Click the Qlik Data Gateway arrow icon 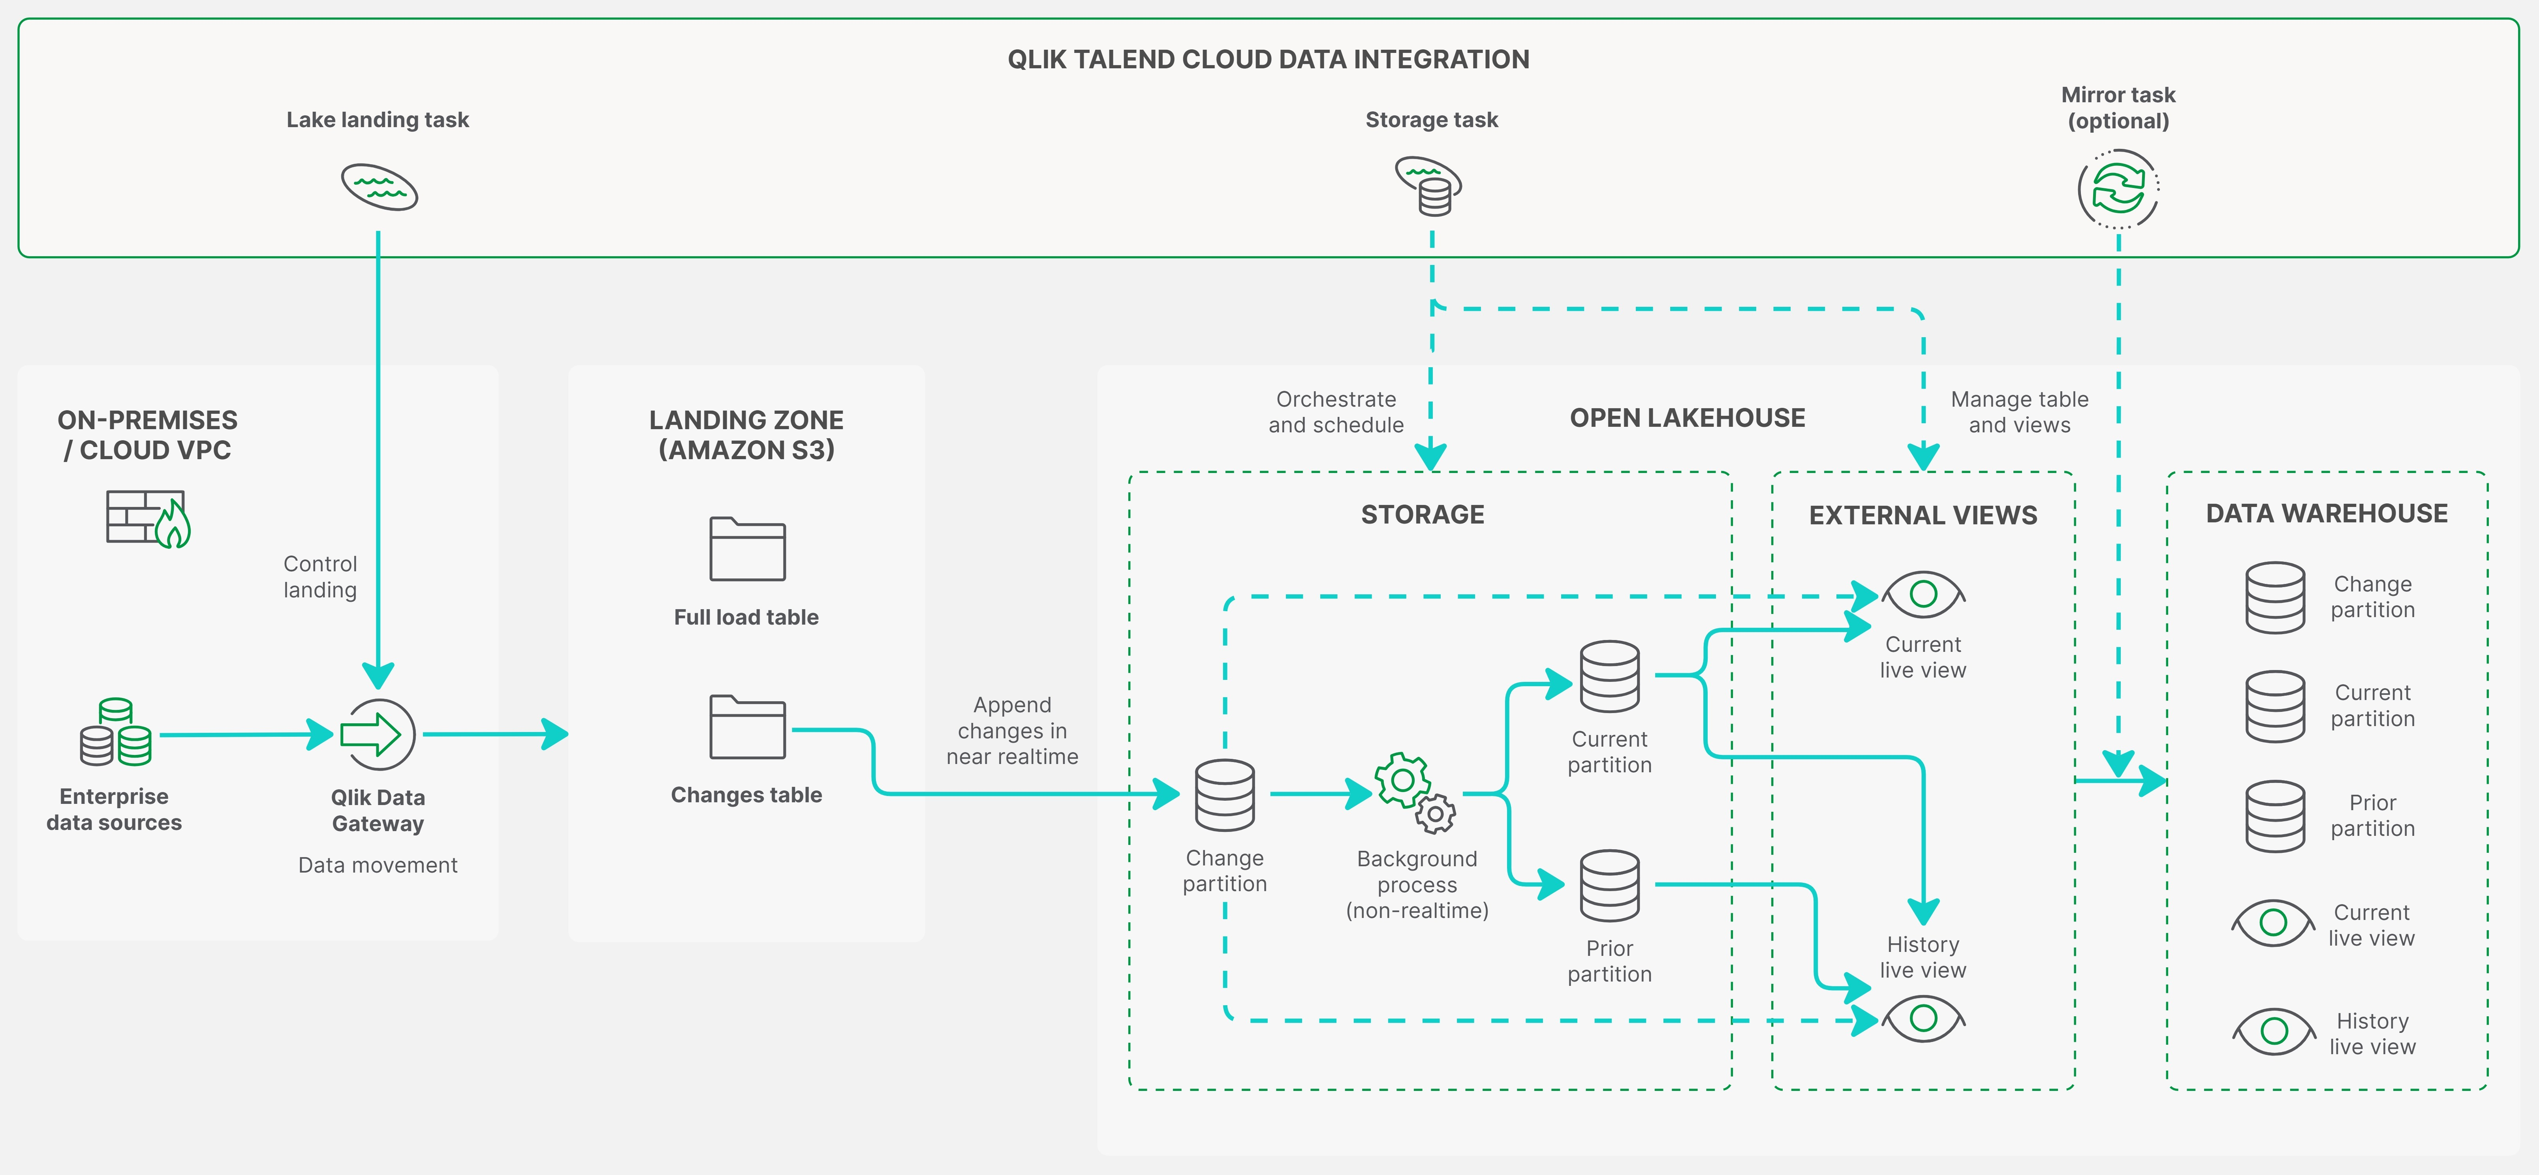pyautogui.click(x=378, y=734)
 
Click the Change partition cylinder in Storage pyautogui.click(x=1225, y=794)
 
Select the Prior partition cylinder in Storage pyautogui.click(x=1610, y=885)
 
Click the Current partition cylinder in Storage pyautogui.click(x=1610, y=676)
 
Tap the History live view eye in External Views pyautogui.click(x=1923, y=1018)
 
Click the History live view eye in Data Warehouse pyautogui.click(x=2274, y=1031)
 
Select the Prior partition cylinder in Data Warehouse pyautogui.click(x=2275, y=816)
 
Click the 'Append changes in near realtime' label pyautogui.click(x=1012, y=730)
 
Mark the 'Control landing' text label pyautogui.click(x=320, y=577)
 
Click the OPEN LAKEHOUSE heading pyautogui.click(x=1688, y=418)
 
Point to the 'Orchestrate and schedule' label pyautogui.click(x=1336, y=412)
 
